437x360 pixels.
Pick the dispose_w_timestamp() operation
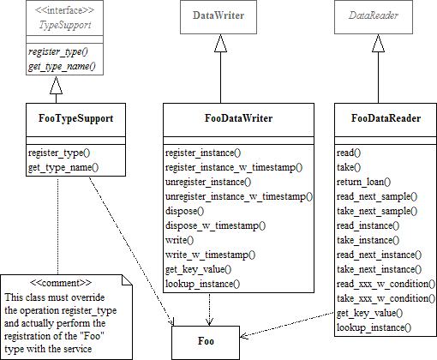point(215,225)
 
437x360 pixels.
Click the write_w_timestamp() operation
point(210,255)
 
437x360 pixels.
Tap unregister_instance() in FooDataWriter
point(208,182)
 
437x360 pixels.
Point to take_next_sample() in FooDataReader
point(376,211)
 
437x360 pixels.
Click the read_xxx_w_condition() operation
point(386,284)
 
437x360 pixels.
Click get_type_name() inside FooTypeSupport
point(63,167)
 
